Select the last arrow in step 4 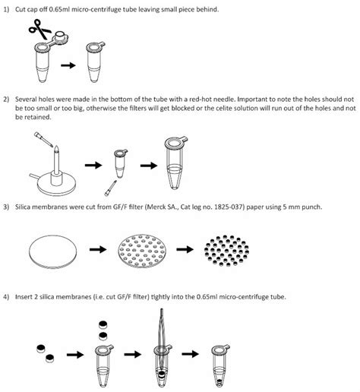194,354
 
